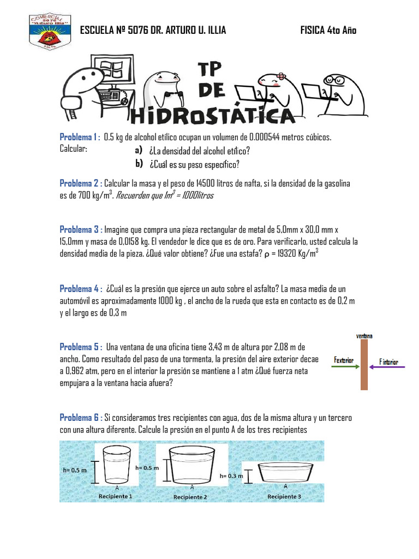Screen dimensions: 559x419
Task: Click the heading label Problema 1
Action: click(78, 136)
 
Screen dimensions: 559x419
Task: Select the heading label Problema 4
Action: click(79, 288)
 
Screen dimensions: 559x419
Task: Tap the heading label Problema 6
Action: click(79, 418)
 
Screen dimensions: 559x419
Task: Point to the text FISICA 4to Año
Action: click(328, 30)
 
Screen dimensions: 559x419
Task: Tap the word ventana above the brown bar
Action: click(364, 336)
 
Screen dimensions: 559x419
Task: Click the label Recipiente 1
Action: click(116, 496)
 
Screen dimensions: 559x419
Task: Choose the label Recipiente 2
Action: click(190, 497)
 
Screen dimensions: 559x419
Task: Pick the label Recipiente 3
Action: click(284, 496)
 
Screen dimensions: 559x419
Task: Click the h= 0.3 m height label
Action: click(231, 475)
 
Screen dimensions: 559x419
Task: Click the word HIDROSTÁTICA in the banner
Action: click(213, 115)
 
